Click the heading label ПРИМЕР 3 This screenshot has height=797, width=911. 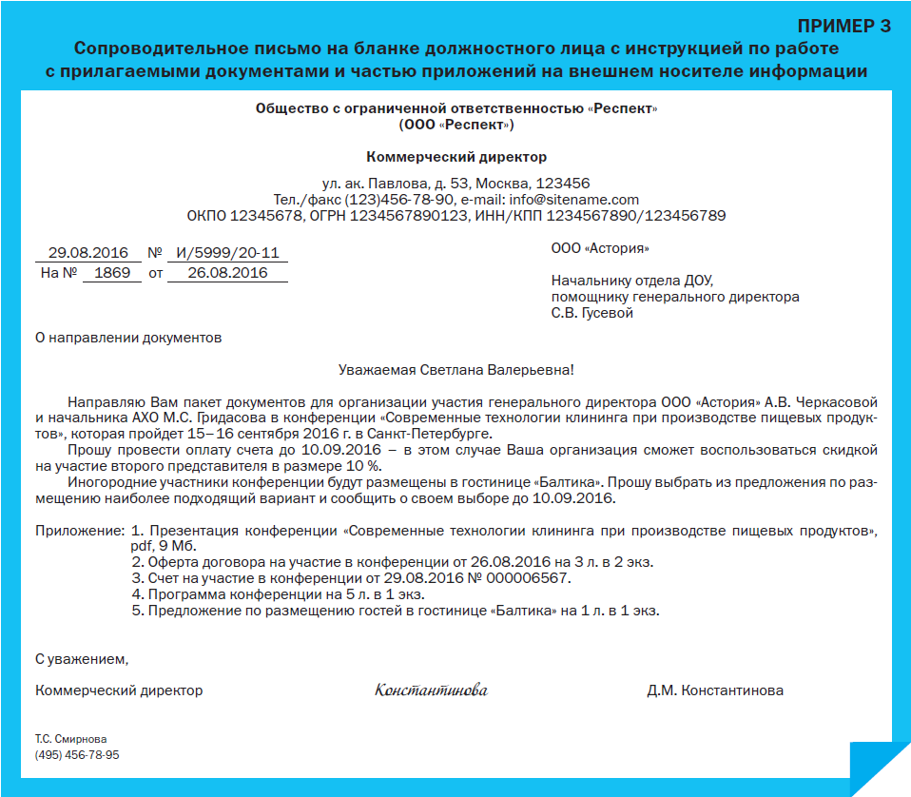842,26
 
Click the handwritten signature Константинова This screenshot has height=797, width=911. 431,690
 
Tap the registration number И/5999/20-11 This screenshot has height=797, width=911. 226,254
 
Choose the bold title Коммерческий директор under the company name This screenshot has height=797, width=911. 456,157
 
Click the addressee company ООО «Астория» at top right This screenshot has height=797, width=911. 600,249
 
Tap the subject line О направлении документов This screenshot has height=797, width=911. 127,337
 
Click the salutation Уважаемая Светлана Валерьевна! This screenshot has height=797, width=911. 456,369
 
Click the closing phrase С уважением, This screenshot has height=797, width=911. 81,658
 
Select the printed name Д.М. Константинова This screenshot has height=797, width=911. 715,690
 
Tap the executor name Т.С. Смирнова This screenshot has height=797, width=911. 71,738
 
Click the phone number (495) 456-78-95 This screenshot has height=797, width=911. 77,754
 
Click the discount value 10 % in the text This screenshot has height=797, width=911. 361,465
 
